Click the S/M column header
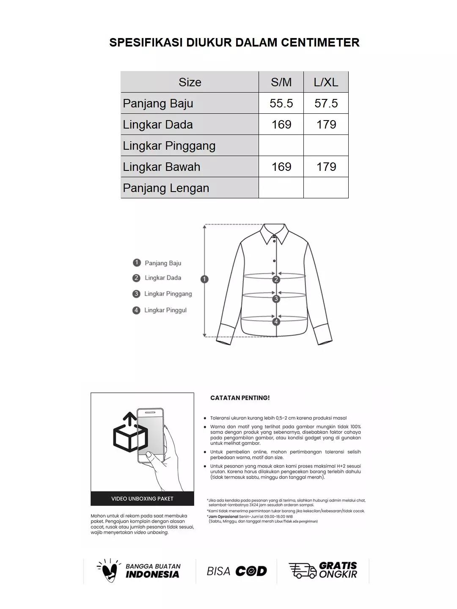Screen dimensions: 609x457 coord(281,82)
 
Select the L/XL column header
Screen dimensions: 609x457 coord(326,82)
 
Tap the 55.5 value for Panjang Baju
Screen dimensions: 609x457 coord(281,103)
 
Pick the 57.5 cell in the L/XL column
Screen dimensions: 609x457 coord(326,103)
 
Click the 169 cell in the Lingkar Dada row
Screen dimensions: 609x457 coord(281,124)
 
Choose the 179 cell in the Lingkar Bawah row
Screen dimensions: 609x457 coord(326,167)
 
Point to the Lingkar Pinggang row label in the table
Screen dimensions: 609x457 coord(169,145)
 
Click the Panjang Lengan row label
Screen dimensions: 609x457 coord(166,188)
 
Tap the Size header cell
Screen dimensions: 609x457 coord(190,82)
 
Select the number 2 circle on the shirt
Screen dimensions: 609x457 coord(276,280)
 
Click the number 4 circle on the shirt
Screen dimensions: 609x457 coord(276,322)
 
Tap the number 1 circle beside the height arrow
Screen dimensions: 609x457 coord(205,279)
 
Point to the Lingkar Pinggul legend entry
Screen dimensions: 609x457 coord(165,310)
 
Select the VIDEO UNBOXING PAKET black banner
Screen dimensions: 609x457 coord(142,499)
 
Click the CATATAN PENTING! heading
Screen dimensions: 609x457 coord(240,398)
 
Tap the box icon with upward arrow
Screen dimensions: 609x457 coord(129,433)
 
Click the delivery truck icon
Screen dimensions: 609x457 coord(302,570)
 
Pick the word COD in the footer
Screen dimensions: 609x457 coord(251,571)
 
